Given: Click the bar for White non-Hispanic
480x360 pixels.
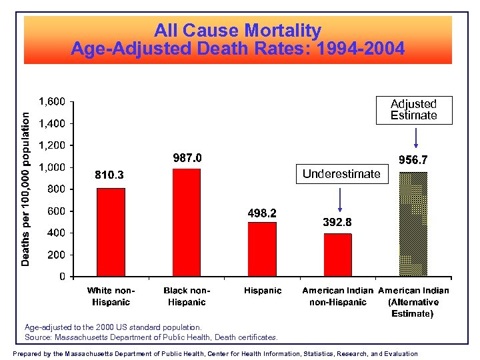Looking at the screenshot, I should coord(111,232).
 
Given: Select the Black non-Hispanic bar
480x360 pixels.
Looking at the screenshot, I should coord(186,222).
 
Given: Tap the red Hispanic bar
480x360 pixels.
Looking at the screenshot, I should coord(261,249).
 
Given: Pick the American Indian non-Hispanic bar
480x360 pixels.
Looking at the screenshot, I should coord(337,255).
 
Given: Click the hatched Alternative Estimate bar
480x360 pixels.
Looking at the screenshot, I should coord(413,224).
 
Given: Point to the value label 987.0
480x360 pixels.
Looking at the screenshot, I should coord(187,159).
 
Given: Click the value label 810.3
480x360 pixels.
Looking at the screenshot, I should coord(109,175).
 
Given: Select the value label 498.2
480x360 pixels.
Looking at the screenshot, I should coord(262,213).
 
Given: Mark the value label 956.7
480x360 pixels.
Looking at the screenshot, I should coord(413,161).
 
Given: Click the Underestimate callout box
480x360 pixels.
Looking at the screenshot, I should coord(341,174).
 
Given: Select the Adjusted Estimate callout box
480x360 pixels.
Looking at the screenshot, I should coord(413,110).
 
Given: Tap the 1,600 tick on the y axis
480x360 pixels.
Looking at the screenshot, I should coord(51,102).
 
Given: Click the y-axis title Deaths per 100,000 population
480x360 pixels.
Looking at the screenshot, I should coord(25,189).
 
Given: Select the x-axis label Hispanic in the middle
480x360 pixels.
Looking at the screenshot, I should coord(263,291).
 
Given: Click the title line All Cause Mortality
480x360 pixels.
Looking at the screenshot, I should coord(237,31).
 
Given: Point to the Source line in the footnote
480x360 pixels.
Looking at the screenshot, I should coord(151,337).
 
